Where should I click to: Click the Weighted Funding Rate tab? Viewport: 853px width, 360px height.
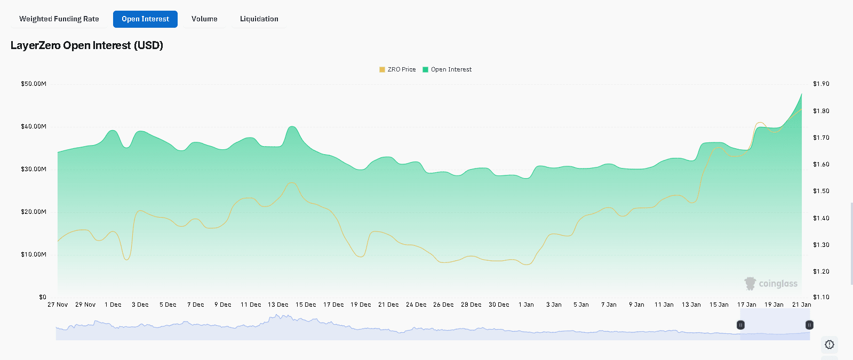tap(59, 19)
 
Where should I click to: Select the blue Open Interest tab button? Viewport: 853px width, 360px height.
tap(145, 19)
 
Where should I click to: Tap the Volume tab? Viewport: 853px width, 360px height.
tap(204, 19)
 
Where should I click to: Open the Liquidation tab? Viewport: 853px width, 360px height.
tap(259, 19)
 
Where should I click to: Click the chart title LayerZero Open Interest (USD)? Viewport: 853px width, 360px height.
tap(87, 45)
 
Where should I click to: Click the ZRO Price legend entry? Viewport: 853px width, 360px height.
tap(397, 69)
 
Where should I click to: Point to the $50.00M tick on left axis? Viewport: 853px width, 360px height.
tap(34, 84)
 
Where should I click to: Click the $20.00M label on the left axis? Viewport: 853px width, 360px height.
tap(34, 212)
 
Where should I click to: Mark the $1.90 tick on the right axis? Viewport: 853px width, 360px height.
tap(821, 84)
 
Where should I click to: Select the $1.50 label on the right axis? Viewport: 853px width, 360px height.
tap(821, 191)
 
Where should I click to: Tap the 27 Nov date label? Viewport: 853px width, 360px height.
tap(58, 305)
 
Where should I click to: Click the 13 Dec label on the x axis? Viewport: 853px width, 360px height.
tap(278, 305)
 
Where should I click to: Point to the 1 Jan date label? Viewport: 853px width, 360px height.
tap(526, 305)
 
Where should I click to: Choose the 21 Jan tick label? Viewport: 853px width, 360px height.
tap(801, 305)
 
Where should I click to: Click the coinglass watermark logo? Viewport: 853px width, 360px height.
tap(771, 283)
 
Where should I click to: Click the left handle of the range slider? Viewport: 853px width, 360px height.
tap(740, 325)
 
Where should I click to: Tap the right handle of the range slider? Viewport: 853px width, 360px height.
tap(809, 325)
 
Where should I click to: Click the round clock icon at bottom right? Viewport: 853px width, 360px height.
tap(830, 345)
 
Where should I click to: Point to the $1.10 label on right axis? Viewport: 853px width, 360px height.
tap(821, 297)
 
